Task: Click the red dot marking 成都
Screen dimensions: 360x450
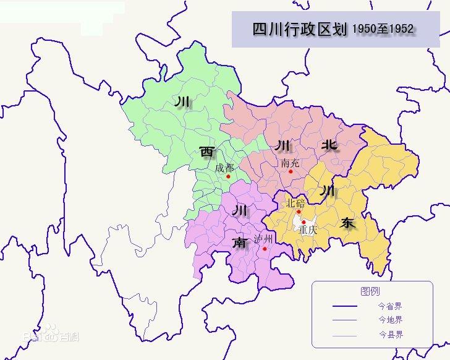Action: click(228, 176)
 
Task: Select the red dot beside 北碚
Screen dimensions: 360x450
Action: click(299, 212)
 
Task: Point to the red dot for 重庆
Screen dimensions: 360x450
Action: click(304, 221)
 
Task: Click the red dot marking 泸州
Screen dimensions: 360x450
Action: click(265, 249)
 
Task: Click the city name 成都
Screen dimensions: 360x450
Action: click(224, 168)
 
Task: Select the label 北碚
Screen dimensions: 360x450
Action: click(295, 203)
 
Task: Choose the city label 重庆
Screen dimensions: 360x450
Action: click(307, 229)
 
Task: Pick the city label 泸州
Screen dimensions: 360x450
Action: click(263, 240)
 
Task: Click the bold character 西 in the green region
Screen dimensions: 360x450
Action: click(206, 152)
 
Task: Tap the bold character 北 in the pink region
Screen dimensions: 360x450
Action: click(329, 145)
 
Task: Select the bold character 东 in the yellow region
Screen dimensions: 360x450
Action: click(348, 223)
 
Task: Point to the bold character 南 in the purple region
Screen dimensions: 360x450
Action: click(239, 242)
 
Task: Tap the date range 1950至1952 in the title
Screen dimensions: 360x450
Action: click(383, 29)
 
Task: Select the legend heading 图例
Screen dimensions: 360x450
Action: click(370, 291)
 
